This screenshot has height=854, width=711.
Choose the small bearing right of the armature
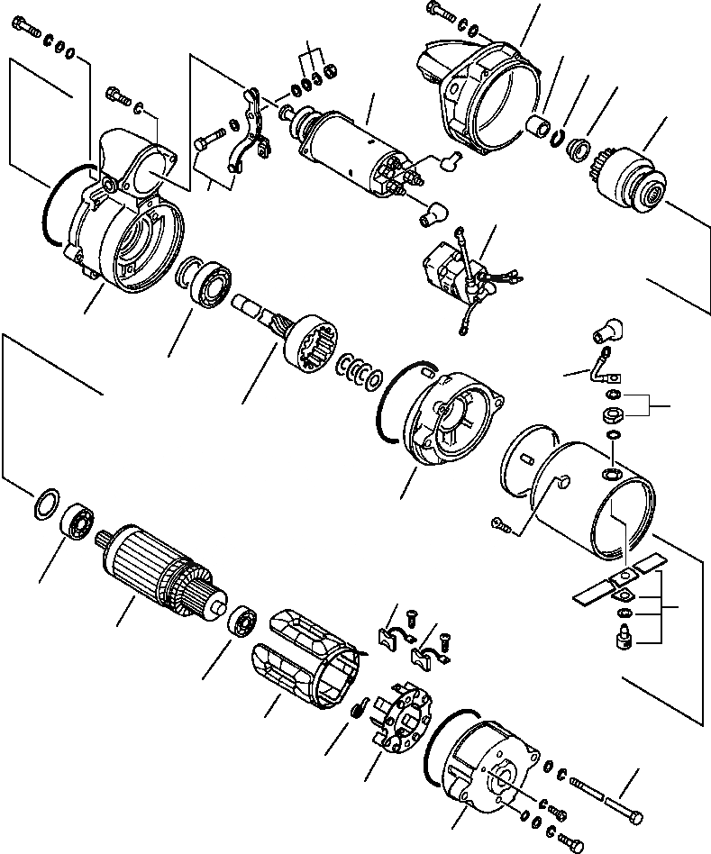pos(241,622)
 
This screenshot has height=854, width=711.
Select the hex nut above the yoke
pos(611,414)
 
